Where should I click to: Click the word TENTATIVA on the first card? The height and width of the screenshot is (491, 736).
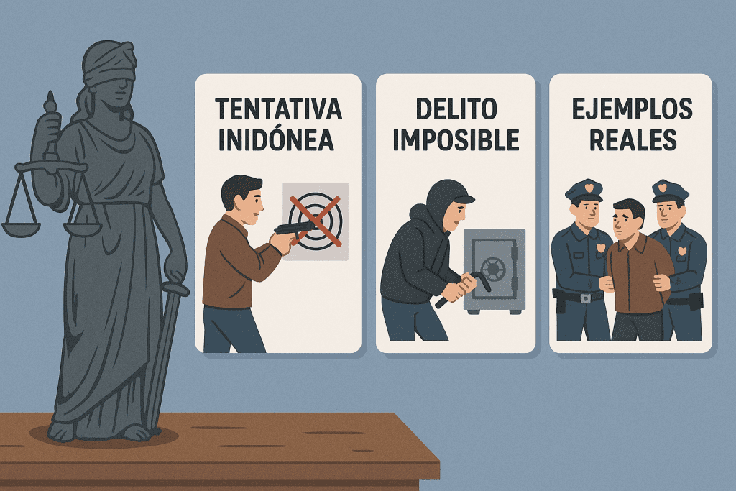[278, 109]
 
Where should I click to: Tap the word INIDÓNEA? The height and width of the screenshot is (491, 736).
[277, 139]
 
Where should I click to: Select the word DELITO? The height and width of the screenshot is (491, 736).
[456, 109]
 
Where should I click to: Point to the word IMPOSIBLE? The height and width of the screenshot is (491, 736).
[456, 139]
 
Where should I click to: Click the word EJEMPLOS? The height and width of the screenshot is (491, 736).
[632, 109]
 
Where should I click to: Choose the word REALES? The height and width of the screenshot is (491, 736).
[632, 139]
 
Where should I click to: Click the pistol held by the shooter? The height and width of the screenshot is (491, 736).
[293, 229]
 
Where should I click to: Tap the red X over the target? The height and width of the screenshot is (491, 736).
[315, 221]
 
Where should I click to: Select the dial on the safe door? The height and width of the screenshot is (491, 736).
[493, 268]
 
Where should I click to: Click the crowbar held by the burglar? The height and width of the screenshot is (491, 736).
[462, 289]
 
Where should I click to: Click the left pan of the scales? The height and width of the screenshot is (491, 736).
[21, 229]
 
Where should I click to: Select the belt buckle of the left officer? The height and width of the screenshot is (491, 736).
[585, 298]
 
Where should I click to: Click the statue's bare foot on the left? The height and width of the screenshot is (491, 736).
[61, 432]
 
